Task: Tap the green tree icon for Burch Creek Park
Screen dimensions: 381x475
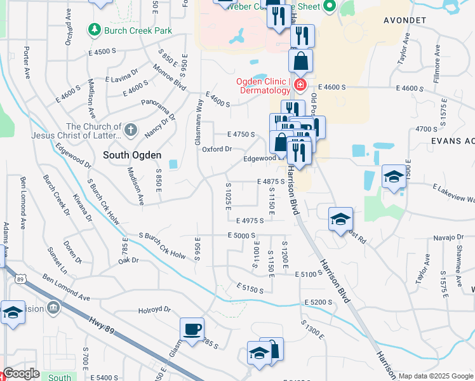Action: tap(94, 29)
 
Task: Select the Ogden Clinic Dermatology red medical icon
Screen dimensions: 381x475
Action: tap(299, 85)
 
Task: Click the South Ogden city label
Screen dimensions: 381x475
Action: tap(131, 155)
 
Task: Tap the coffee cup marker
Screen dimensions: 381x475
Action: tap(192, 329)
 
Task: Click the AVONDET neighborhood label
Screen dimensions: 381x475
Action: tap(405, 20)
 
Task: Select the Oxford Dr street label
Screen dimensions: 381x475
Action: tap(217, 149)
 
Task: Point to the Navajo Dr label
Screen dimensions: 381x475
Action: tap(450, 237)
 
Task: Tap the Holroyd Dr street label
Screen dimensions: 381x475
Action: tap(155, 310)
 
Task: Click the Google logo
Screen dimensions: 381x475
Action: tap(21, 374)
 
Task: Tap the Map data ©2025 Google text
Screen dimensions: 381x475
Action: tap(435, 376)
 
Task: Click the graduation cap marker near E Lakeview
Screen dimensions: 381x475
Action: tap(394, 178)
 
